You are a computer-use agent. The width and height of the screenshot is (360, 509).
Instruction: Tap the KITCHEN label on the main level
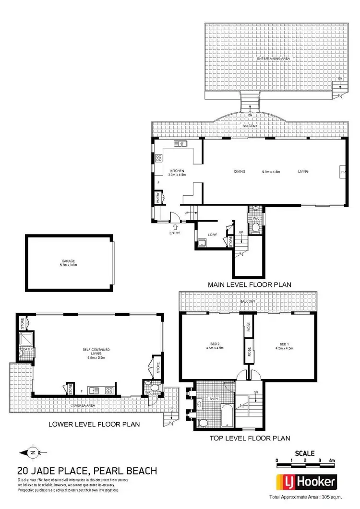pyautogui.click(x=177, y=171)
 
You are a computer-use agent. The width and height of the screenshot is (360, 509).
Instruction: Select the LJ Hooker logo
pyautogui.click(x=305, y=482)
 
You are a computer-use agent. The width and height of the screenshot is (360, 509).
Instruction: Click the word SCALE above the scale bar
pyautogui.click(x=304, y=453)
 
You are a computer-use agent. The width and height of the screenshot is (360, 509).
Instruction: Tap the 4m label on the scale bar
pyautogui.click(x=331, y=461)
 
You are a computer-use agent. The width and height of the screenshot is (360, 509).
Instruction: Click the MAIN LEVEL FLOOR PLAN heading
pyautogui.click(x=250, y=284)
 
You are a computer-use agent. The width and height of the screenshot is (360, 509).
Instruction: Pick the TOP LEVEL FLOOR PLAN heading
pyautogui.click(x=250, y=438)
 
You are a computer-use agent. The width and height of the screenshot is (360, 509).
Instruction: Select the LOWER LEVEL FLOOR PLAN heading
pyautogui.click(x=94, y=424)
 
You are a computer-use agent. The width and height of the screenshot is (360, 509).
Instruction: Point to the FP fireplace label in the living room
pyautogui.click(x=343, y=171)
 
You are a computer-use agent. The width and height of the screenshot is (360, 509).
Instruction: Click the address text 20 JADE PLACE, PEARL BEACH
pyautogui.click(x=87, y=471)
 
